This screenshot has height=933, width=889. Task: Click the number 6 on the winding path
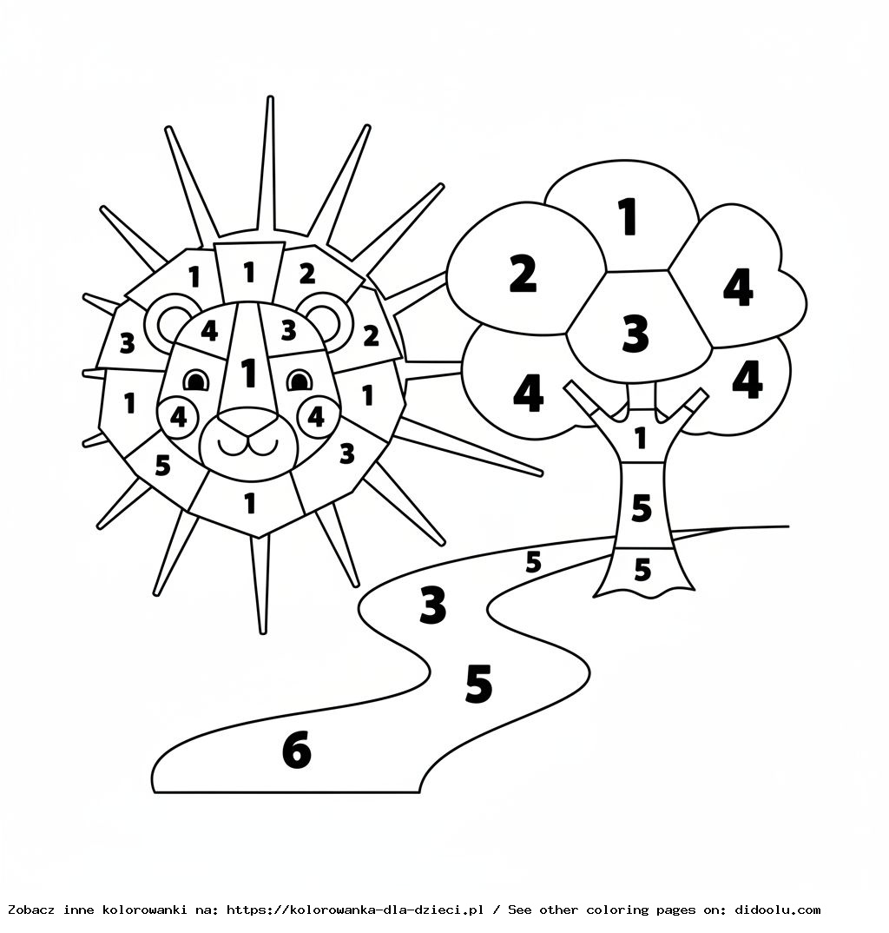tap(297, 750)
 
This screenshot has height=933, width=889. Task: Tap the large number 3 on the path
tap(432, 605)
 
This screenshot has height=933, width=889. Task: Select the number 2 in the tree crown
tap(523, 274)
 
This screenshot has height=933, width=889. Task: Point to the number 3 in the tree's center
tap(635, 334)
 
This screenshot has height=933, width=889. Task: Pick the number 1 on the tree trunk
tap(641, 438)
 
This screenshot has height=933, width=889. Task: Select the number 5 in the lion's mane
tap(162, 466)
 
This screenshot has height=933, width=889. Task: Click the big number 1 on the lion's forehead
tap(249, 373)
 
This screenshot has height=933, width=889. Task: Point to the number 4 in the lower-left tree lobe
tap(528, 394)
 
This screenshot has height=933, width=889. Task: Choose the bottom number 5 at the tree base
tap(642, 570)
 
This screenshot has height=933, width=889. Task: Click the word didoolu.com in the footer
tap(777, 910)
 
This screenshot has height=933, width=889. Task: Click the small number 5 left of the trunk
tap(533, 562)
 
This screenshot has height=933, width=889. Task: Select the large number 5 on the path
tap(478, 684)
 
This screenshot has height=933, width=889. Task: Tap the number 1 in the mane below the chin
tap(250, 502)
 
